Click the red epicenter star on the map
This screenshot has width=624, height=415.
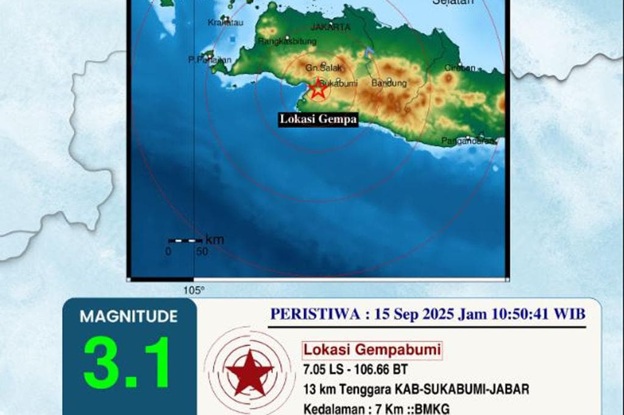click(317, 89)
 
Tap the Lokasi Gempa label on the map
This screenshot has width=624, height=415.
click(318, 119)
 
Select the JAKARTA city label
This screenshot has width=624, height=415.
click(331, 27)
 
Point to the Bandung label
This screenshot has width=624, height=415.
click(389, 83)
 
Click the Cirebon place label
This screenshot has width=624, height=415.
click(460, 68)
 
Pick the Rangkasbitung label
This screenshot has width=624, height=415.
click(288, 41)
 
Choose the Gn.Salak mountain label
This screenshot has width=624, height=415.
click(321, 68)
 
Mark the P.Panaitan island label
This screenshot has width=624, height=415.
click(209, 60)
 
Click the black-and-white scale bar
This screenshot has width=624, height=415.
click(185, 241)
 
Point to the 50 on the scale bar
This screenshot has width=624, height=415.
click(202, 251)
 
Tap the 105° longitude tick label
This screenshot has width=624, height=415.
click(194, 290)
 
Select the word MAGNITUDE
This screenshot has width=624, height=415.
click(129, 317)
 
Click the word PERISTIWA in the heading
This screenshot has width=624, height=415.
click(316, 314)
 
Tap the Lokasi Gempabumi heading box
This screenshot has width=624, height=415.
click(372, 350)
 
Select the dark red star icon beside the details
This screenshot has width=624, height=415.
click(248, 371)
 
